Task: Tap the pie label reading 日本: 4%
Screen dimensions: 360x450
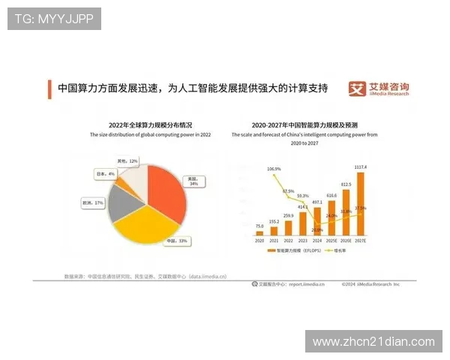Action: pos(105,174)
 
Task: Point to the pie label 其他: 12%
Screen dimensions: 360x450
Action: pos(127,161)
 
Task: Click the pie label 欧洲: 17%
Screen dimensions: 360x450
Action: pos(93,203)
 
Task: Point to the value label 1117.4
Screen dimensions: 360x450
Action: pos(361,167)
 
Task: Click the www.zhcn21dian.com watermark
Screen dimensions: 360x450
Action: pos(373,342)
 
